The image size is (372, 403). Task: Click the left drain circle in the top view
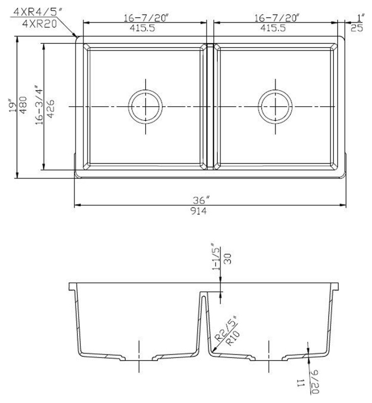(146, 106)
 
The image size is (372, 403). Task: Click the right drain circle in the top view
(277, 106)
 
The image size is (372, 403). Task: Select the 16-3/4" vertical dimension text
(39, 105)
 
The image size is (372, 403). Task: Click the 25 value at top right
(357, 28)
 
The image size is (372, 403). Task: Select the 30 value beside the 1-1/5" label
(228, 259)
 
